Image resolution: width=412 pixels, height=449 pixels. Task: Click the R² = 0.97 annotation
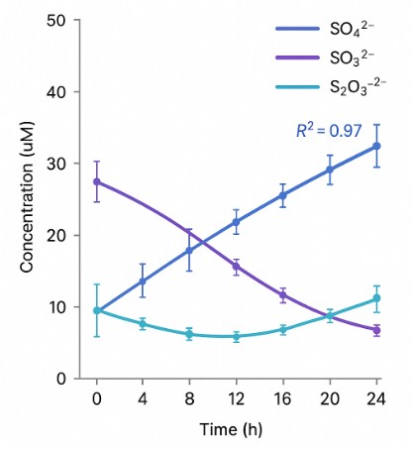pyautogui.click(x=330, y=129)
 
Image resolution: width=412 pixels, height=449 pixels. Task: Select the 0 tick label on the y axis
pyautogui.click(x=61, y=379)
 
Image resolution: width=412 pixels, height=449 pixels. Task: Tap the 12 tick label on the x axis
pyautogui.click(x=236, y=398)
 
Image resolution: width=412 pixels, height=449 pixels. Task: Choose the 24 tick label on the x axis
pyautogui.click(x=375, y=398)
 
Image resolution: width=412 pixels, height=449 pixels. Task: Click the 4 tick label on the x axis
pyautogui.click(x=143, y=398)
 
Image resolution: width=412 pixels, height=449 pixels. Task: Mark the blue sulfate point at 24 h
pyautogui.click(x=376, y=146)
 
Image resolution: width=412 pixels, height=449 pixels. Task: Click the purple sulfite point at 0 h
pyautogui.click(x=96, y=181)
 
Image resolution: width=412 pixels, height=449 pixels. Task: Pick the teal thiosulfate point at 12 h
pyautogui.click(x=236, y=337)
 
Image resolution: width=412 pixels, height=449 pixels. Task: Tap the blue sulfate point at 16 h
pyautogui.click(x=283, y=195)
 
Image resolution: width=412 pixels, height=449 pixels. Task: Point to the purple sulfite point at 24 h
pyautogui.click(x=376, y=330)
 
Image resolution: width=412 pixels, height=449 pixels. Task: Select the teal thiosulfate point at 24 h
pyautogui.click(x=376, y=298)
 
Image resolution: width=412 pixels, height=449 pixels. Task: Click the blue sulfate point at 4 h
pyautogui.click(x=143, y=281)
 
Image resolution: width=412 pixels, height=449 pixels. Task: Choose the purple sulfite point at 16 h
pyautogui.click(x=283, y=295)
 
